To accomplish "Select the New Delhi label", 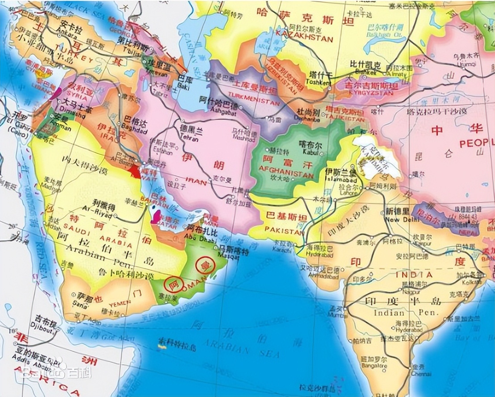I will (x=399, y=220).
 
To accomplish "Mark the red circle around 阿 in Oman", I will (x=172, y=282).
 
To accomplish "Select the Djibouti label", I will (x=44, y=331).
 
